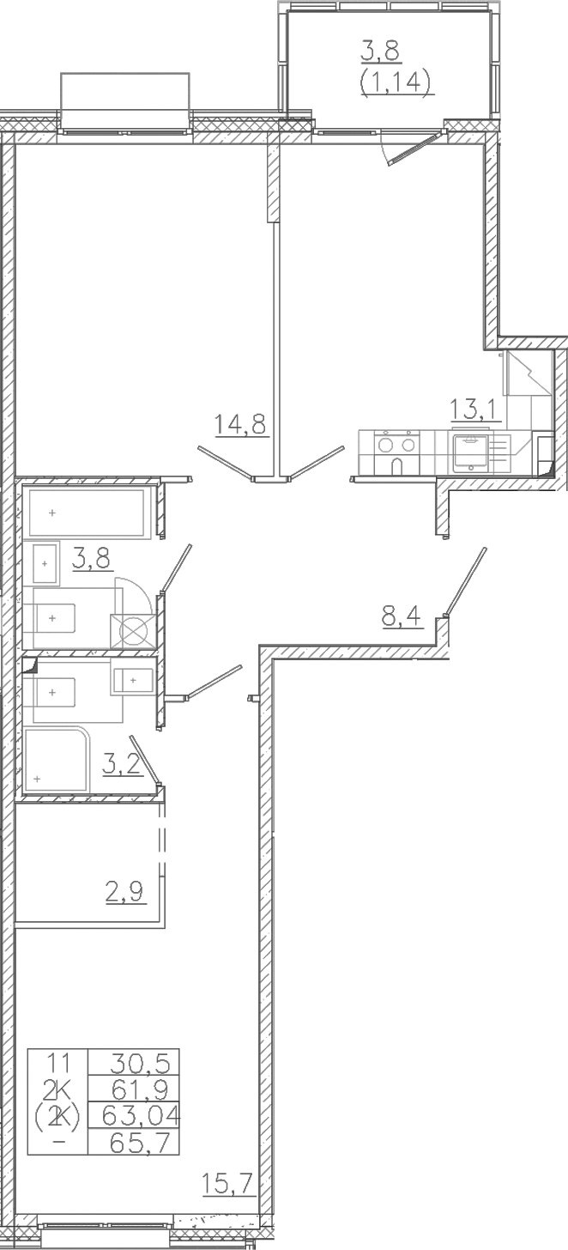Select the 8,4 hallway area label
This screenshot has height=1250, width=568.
point(402,618)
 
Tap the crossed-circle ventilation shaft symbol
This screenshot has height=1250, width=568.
point(133,630)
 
